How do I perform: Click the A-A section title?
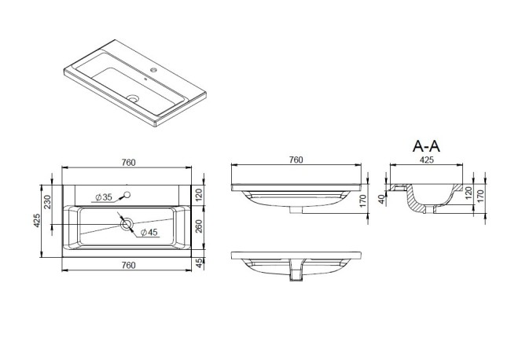tap(426, 146)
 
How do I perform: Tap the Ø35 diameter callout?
tap(104, 197)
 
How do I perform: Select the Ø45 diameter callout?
tap(149, 232)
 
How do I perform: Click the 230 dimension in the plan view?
tap(48, 202)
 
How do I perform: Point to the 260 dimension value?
tap(198, 226)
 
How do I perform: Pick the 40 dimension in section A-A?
tap(381, 199)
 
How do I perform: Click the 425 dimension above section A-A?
tap(426, 160)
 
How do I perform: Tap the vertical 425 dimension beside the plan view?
tap(36, 221)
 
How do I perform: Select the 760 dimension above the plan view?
tap(128, 162)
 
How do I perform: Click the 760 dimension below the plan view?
tap(128, 265)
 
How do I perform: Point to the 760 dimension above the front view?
tap(296, 160)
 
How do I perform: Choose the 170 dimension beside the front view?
tap(363, 199)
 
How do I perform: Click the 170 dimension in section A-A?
tap(480, 196)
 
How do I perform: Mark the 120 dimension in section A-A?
tap(469, 193)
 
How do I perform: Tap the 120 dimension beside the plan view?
tap(198, 194)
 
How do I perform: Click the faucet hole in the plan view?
tap(127, 195)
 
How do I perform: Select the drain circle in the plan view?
tap(127, 224)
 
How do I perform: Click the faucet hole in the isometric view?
tap(153, 70)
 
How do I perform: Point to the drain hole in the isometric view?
tap(133, 97)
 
